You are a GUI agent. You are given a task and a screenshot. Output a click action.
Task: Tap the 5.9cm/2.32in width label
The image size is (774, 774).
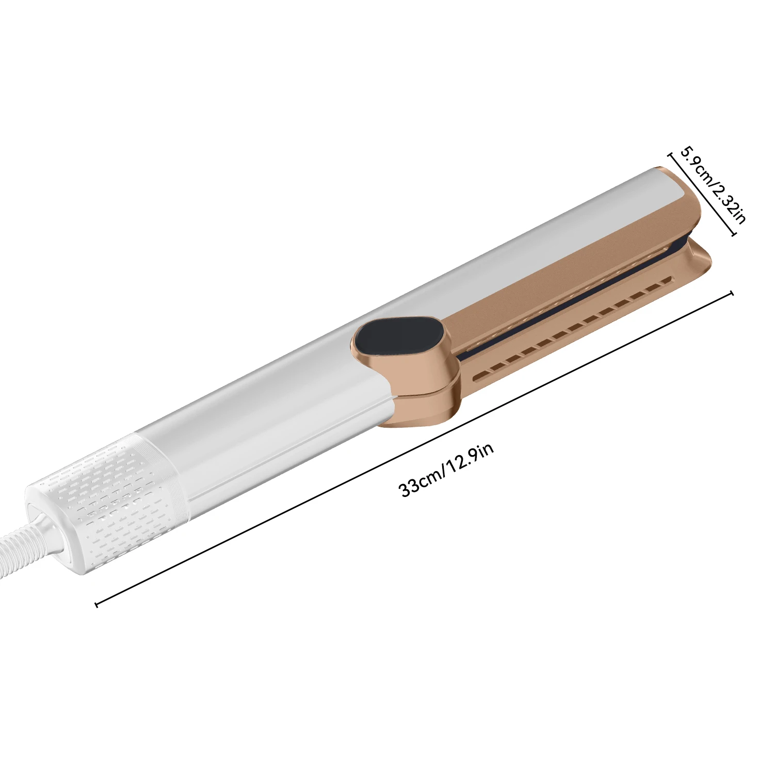pos(713,185)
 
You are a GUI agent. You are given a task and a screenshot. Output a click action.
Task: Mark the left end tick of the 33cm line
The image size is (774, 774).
pos(96,604)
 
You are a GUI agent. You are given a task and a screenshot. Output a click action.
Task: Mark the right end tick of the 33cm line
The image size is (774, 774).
pos(731,294)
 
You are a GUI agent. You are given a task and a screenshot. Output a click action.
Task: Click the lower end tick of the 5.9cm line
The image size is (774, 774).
pos(734,235)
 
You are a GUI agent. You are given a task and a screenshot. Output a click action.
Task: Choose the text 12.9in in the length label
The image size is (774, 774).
pos(471,457)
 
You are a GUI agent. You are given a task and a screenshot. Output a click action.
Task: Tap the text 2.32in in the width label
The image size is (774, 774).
pos(729,205)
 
